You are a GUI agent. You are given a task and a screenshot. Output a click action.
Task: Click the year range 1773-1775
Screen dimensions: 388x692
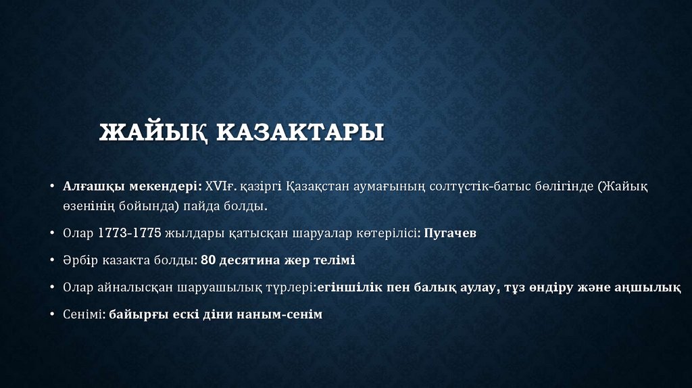[x=129, y=233]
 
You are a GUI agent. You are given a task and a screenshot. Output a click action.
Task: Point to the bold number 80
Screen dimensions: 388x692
[x=207, y=260]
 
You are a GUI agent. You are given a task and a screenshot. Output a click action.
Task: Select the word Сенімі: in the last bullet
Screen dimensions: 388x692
[x=83, y=314]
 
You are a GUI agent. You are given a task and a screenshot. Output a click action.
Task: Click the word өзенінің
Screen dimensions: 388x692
[x=89, y=205]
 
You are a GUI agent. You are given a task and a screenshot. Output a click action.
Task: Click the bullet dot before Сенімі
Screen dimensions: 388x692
[x=53, y=314]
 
